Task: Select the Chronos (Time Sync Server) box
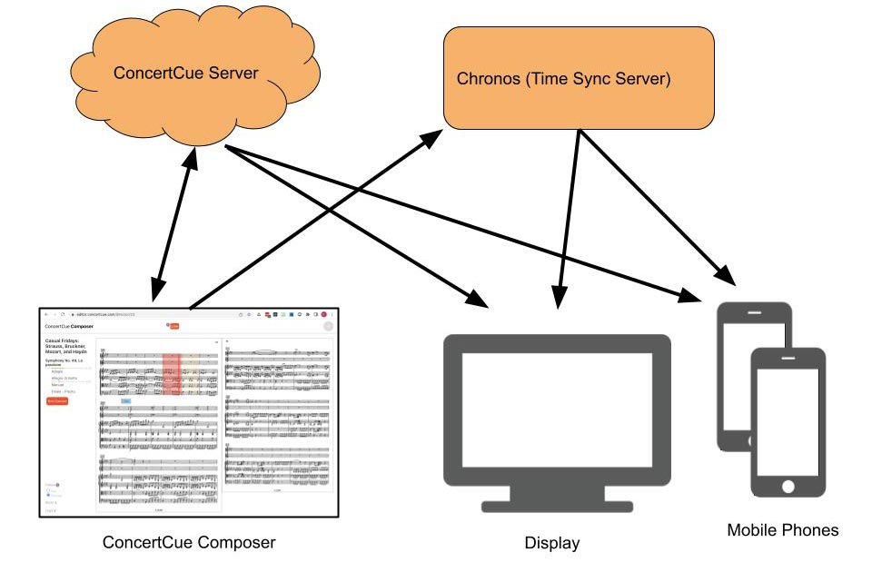(x=578, y=78)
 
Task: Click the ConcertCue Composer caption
(x=188, y=543)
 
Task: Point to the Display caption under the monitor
(x=551, y=543)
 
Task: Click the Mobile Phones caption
(x=782, y=529)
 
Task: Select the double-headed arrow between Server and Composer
(x=173, y=227)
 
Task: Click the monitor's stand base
(x=556, y=506)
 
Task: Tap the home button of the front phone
(x=788, y=487)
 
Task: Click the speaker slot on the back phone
(x=755, y=312)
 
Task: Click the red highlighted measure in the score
(x=171, y=376)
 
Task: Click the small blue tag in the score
(x=126, y=400)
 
